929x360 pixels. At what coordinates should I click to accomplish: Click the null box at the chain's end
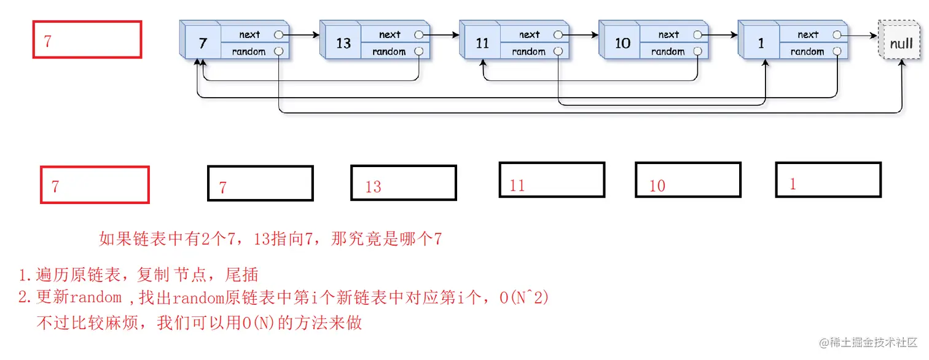pos(902,42)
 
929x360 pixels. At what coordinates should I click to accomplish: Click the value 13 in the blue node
pos(343,43)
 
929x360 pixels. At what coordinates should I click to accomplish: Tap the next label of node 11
pos(529,35)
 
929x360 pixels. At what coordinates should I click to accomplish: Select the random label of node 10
pos(667,52)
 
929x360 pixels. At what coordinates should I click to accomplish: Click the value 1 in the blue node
pos(761,43)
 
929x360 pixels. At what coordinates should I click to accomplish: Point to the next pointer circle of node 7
pos(279,35)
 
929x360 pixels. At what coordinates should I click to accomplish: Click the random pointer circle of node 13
pos(419,52)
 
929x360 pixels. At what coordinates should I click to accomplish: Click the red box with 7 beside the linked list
pos(87,40)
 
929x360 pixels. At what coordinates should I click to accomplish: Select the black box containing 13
pos(403,183)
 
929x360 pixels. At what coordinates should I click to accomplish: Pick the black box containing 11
pos(552,180)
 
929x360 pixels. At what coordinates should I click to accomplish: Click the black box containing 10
pos(688,180)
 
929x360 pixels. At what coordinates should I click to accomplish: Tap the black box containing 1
pos(828,180)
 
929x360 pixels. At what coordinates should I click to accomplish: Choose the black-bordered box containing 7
pos(260,184)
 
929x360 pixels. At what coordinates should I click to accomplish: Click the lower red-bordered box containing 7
pos(95,185)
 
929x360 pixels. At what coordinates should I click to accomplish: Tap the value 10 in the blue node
pos(622,43)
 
